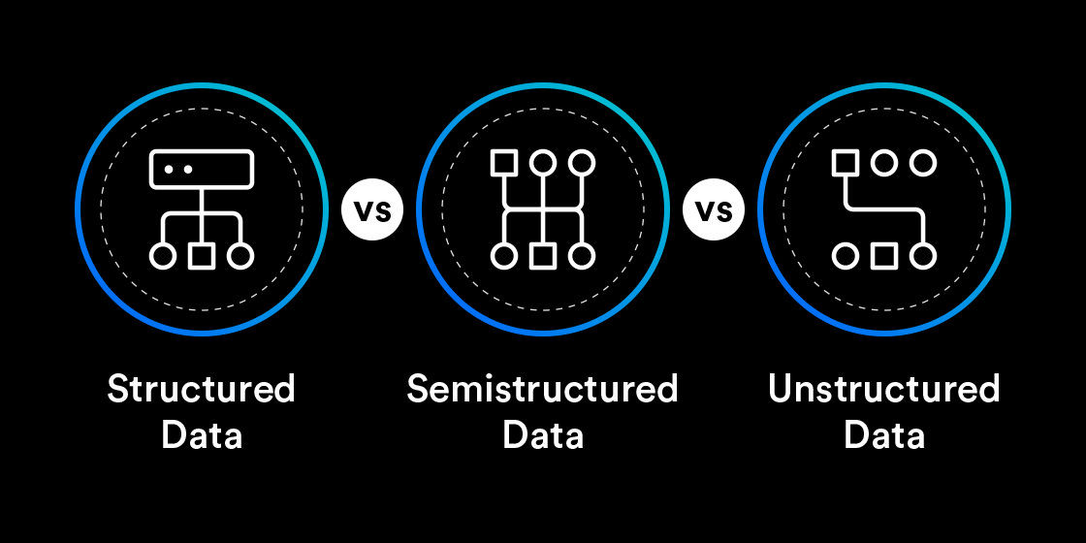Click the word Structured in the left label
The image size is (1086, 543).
[201, 389]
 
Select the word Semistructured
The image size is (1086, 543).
[542, 389]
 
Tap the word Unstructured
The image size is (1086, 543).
[883, 389]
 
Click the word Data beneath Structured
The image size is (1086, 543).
[201, 434]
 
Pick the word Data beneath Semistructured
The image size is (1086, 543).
[542, 434]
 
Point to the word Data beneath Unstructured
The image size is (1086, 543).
[883, 434]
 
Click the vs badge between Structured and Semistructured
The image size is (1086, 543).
[372, 209]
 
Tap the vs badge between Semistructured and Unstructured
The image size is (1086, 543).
[714, 209]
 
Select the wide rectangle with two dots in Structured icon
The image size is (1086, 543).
[201, 169]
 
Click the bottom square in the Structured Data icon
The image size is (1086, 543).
[201, 256]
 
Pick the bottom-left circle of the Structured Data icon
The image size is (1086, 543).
[163, 256]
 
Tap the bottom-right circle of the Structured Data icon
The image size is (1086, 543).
[240, 256]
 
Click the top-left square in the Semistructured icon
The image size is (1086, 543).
[503, 163]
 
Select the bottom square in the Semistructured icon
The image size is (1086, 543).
[542, 256]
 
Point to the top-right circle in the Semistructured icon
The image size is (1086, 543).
[581, 163]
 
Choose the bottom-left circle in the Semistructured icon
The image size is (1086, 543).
[503, 256]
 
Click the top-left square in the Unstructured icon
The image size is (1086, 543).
[845, 163]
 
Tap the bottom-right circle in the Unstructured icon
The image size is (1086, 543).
[922, 256]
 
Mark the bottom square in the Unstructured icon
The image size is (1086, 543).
[883, 256]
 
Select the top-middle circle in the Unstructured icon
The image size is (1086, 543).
[883, 163]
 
